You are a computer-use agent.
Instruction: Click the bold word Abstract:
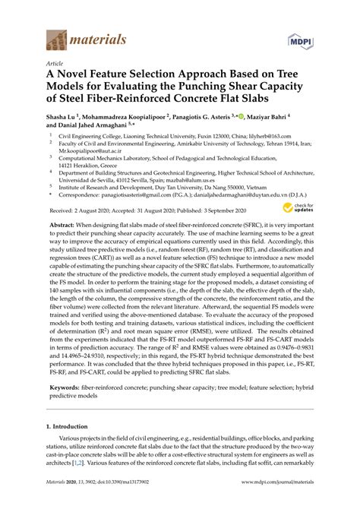(x=65, y=226)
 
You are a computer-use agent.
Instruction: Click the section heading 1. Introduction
(x=71, y=428)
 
